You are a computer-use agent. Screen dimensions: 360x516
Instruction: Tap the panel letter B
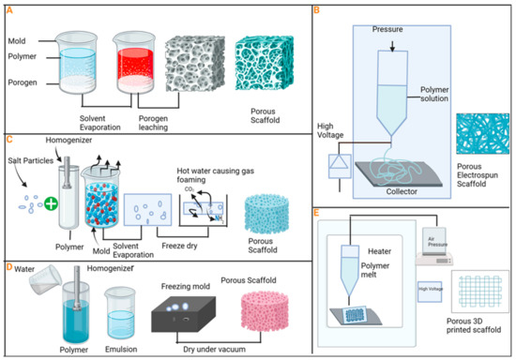click(316, 11)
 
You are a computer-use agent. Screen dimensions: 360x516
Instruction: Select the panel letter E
click(316, 212)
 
